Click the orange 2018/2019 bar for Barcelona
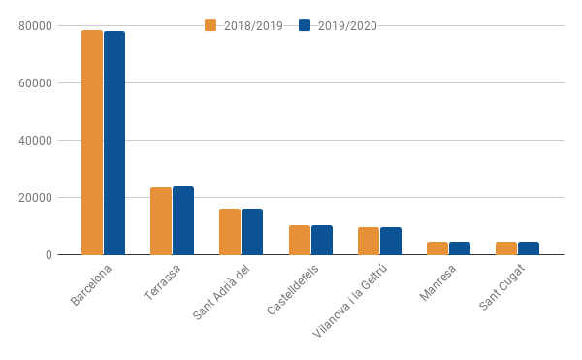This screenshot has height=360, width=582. pyautogui.click(x=92, y=143)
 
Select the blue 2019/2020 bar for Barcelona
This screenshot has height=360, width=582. pyautogui.click(x=114, y=144)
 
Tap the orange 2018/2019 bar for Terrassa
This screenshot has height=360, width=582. pyautogui.click(x=161, y=221)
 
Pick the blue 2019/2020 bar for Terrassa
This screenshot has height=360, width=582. pyautogui.click(x=183, y=220)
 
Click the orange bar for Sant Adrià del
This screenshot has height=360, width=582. pyautogui.click(x=230, y=232)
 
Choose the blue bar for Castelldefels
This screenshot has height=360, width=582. pyautogui.click(x=322, y=240)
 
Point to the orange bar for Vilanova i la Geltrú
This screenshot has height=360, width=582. pyautogui.click(x=369, y=241)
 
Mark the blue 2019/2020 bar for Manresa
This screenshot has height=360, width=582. pyautogui.click(x=460, y=248)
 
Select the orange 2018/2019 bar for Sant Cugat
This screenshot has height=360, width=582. pyautogui.click(x=506, y=248)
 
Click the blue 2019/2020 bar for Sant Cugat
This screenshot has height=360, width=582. pyautogui.click(x=529, y=248)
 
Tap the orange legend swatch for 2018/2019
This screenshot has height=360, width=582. pyautogui.click(x=210, y=25)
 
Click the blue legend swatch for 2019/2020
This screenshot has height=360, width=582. pyautogui.click(x=305, y=25)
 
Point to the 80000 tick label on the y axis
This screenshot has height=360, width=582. pyautogui.click(x=35, y=26)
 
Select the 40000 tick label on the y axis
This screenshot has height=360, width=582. pyautogui.click(x=35, y=141)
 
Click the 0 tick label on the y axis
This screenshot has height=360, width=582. pyautogui.click(x=48, y=255)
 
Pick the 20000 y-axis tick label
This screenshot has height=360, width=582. pyautogui.click(x=35, y=198)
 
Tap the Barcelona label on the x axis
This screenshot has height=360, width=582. pyautogui.click(x=90, y=285)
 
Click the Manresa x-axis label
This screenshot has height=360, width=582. pyautogui.click(x=437, y=282)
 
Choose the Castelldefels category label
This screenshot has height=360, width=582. pyautogui.click(x=293, y=290)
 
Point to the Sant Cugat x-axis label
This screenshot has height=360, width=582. pyautogui.click(x=501, y=287)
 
